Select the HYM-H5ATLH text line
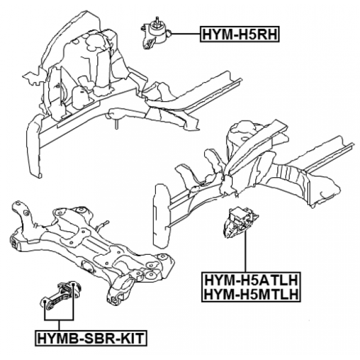[246, 279]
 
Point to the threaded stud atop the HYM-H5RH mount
[153, 22]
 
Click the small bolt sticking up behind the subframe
[105, 223]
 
